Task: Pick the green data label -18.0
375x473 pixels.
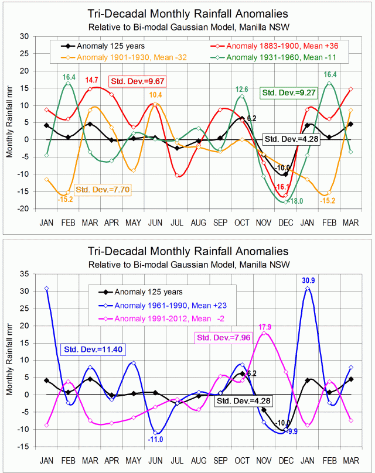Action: (x=298, y=201)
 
